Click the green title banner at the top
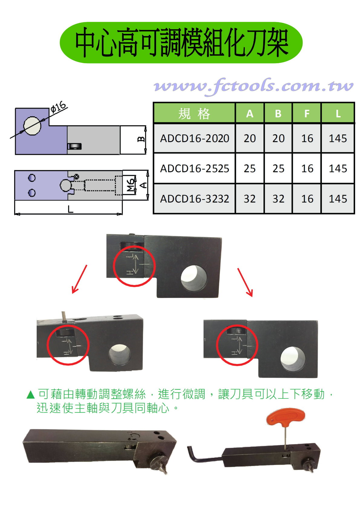point(181,43)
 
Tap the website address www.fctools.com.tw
point(253,86)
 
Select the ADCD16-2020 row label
point(195,138)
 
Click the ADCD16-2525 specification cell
point(195,169)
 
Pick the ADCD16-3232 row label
point(195,199)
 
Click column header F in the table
point(307,114)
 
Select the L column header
point(338,114)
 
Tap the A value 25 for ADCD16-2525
point(250,169)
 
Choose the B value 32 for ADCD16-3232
point(278,199)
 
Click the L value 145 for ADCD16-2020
point(338,138)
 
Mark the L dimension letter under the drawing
point(70,209)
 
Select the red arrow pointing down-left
point(79,279)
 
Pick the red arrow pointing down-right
point(245,282)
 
